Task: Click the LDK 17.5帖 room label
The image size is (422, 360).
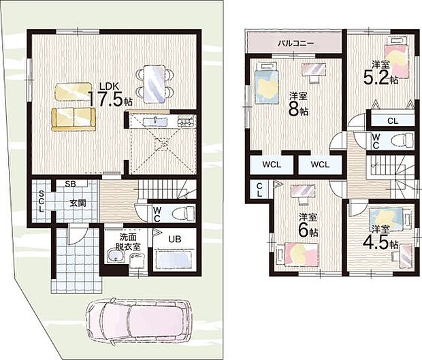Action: [x=110, y=95]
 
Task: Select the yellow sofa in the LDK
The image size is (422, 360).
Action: [x=74, y=119]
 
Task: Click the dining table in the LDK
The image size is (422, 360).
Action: [x=155, y=84]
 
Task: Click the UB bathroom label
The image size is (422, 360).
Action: [x=175, y=239]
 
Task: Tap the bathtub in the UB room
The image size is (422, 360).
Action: [x=174, y=260]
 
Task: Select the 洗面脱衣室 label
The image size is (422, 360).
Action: [x=128, y=242]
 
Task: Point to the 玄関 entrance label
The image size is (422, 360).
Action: [x=78, y=203]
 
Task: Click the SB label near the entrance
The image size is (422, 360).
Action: [x=71, y=184]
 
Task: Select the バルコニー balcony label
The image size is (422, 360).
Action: [x=296, y=43]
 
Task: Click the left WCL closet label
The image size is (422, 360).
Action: [x=272, y=165]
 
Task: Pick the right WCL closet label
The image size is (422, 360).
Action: [x=320, y=164]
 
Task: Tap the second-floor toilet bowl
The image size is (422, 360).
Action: [x=402, y=140]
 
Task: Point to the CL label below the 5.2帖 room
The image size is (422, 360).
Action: [x=393, y=121]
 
